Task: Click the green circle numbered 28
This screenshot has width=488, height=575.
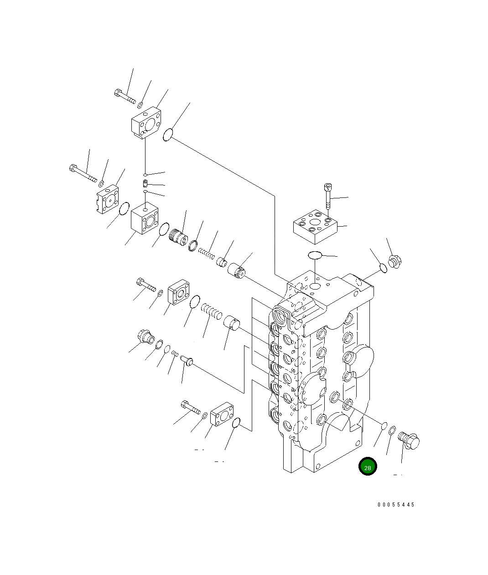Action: point(368,466)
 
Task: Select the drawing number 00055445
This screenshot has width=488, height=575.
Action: point(396,505)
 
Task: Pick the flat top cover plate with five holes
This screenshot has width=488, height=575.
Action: point(315,226)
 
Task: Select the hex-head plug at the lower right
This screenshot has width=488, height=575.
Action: point(409,440)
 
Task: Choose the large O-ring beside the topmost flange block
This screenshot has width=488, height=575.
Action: point(168,135)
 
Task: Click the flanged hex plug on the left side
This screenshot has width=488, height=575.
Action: point(145,337)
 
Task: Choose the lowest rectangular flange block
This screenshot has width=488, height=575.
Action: point(222,414)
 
